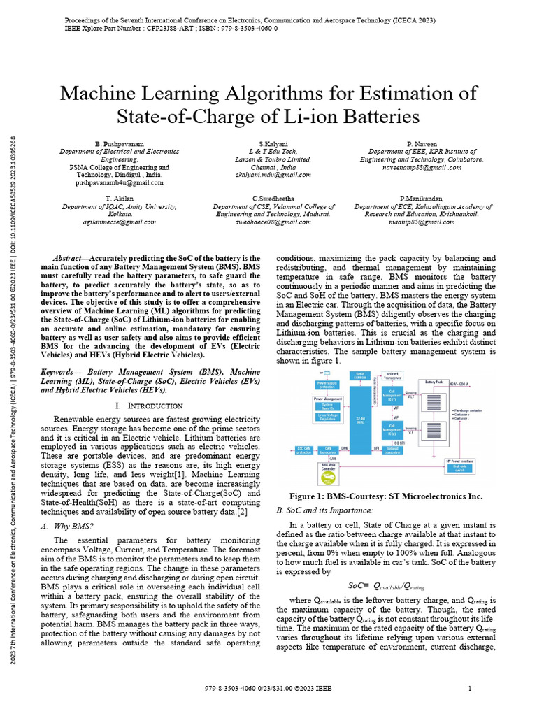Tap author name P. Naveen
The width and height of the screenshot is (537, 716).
(x=422, y=143)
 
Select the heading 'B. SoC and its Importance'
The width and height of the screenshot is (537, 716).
(x=321, y=512)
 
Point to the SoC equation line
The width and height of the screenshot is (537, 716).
(x=386, y=586)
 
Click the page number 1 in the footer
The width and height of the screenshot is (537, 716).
(x=468, y=689)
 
